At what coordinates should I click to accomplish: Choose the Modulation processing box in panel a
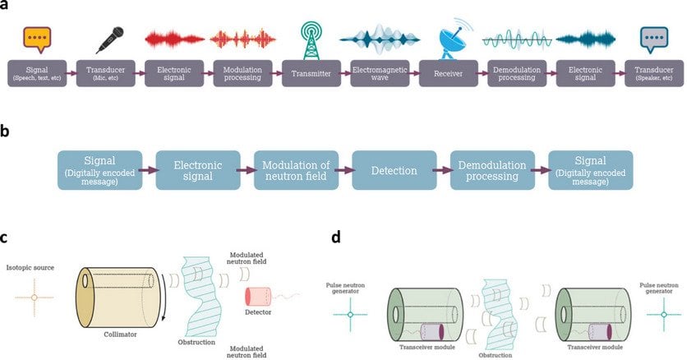pyautogui.click(x=242, y=73)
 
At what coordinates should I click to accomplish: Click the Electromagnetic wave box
pyautogui.click(x=380, y=73)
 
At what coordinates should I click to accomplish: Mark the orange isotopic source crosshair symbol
pyautogui.click(x=34, y=297)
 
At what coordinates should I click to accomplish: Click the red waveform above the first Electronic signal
pyautogui.click(x=174, y=39)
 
